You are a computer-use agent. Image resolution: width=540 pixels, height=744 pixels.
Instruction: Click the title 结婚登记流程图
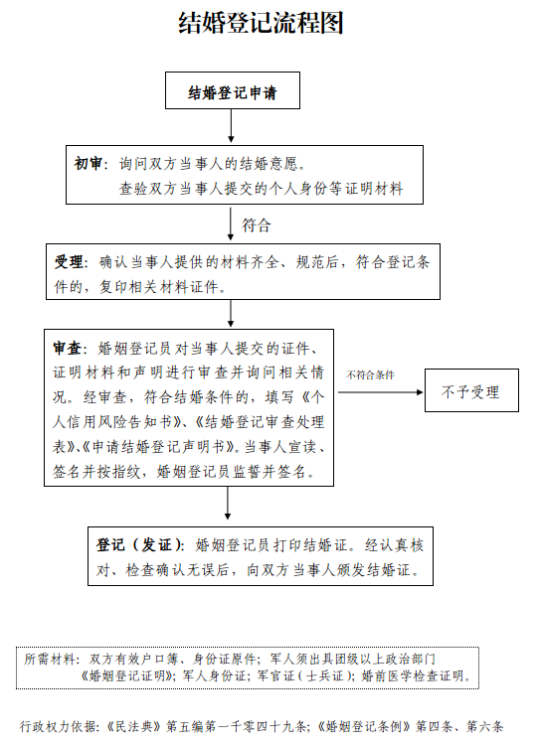click(261, 22)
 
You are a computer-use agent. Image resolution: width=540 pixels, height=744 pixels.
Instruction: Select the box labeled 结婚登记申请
click(233, 90)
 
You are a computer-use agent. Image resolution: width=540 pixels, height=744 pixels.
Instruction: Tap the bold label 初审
click(88, 164)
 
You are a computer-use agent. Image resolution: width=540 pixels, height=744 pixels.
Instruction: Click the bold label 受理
click(69, 262)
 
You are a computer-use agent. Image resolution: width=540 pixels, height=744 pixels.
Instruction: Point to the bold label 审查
click(67, 349)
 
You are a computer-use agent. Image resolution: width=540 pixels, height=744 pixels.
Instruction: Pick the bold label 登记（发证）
click(138, 544)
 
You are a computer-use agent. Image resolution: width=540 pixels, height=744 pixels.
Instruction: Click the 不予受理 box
click(471, 390)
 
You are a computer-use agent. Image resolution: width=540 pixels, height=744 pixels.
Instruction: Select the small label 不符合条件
click(371, 374)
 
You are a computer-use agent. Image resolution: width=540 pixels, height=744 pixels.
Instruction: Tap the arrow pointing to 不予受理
click(381, 392)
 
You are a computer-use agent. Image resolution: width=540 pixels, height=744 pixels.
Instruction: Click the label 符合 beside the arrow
click(257, 224)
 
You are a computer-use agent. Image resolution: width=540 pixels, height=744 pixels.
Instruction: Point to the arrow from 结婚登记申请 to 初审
click(231, 126)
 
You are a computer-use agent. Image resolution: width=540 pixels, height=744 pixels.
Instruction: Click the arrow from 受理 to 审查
click(231, 313)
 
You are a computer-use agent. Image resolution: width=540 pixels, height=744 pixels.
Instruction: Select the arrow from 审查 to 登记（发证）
click(228, 503)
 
